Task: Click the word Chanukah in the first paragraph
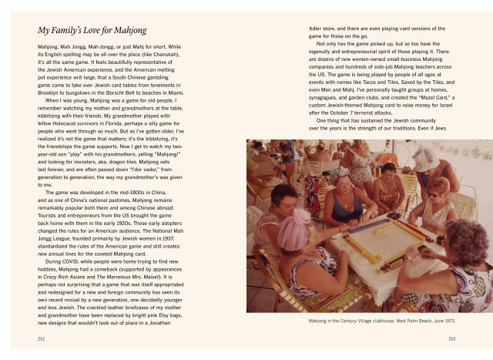[x=165, y=55]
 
